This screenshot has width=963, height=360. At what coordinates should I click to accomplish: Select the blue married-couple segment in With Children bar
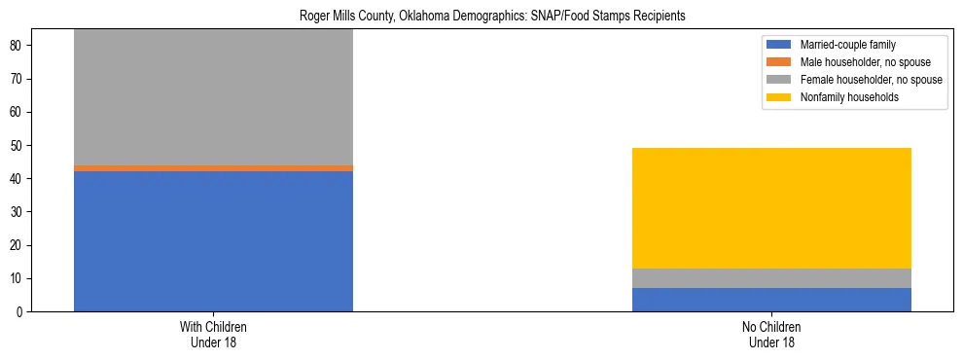[x=213, y=241]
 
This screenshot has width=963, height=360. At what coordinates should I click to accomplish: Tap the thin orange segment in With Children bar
[x=213, y=168]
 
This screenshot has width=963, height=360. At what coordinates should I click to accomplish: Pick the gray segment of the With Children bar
[x=213, y=97]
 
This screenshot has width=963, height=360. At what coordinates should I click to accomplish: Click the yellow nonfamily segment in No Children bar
[x=771, y=208]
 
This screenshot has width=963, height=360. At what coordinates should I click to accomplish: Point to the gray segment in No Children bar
[x=771, y=278]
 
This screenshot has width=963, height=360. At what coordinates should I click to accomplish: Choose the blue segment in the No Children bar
[x=771, y=300]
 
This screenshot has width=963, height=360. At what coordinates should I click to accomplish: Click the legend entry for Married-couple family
[x=841, y=45]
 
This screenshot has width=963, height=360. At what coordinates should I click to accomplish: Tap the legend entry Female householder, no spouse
[x=870, y=80]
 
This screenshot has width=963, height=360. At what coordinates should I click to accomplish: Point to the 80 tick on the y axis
[x=23, y=46]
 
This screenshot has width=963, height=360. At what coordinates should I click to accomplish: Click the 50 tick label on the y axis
[x=23, y=146]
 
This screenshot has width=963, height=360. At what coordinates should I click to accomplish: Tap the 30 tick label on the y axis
[x=23, y=212]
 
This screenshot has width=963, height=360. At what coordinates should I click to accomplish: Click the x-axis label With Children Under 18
[x=213, y=335]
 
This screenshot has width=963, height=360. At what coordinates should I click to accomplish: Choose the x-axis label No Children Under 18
[x=771, y=335]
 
